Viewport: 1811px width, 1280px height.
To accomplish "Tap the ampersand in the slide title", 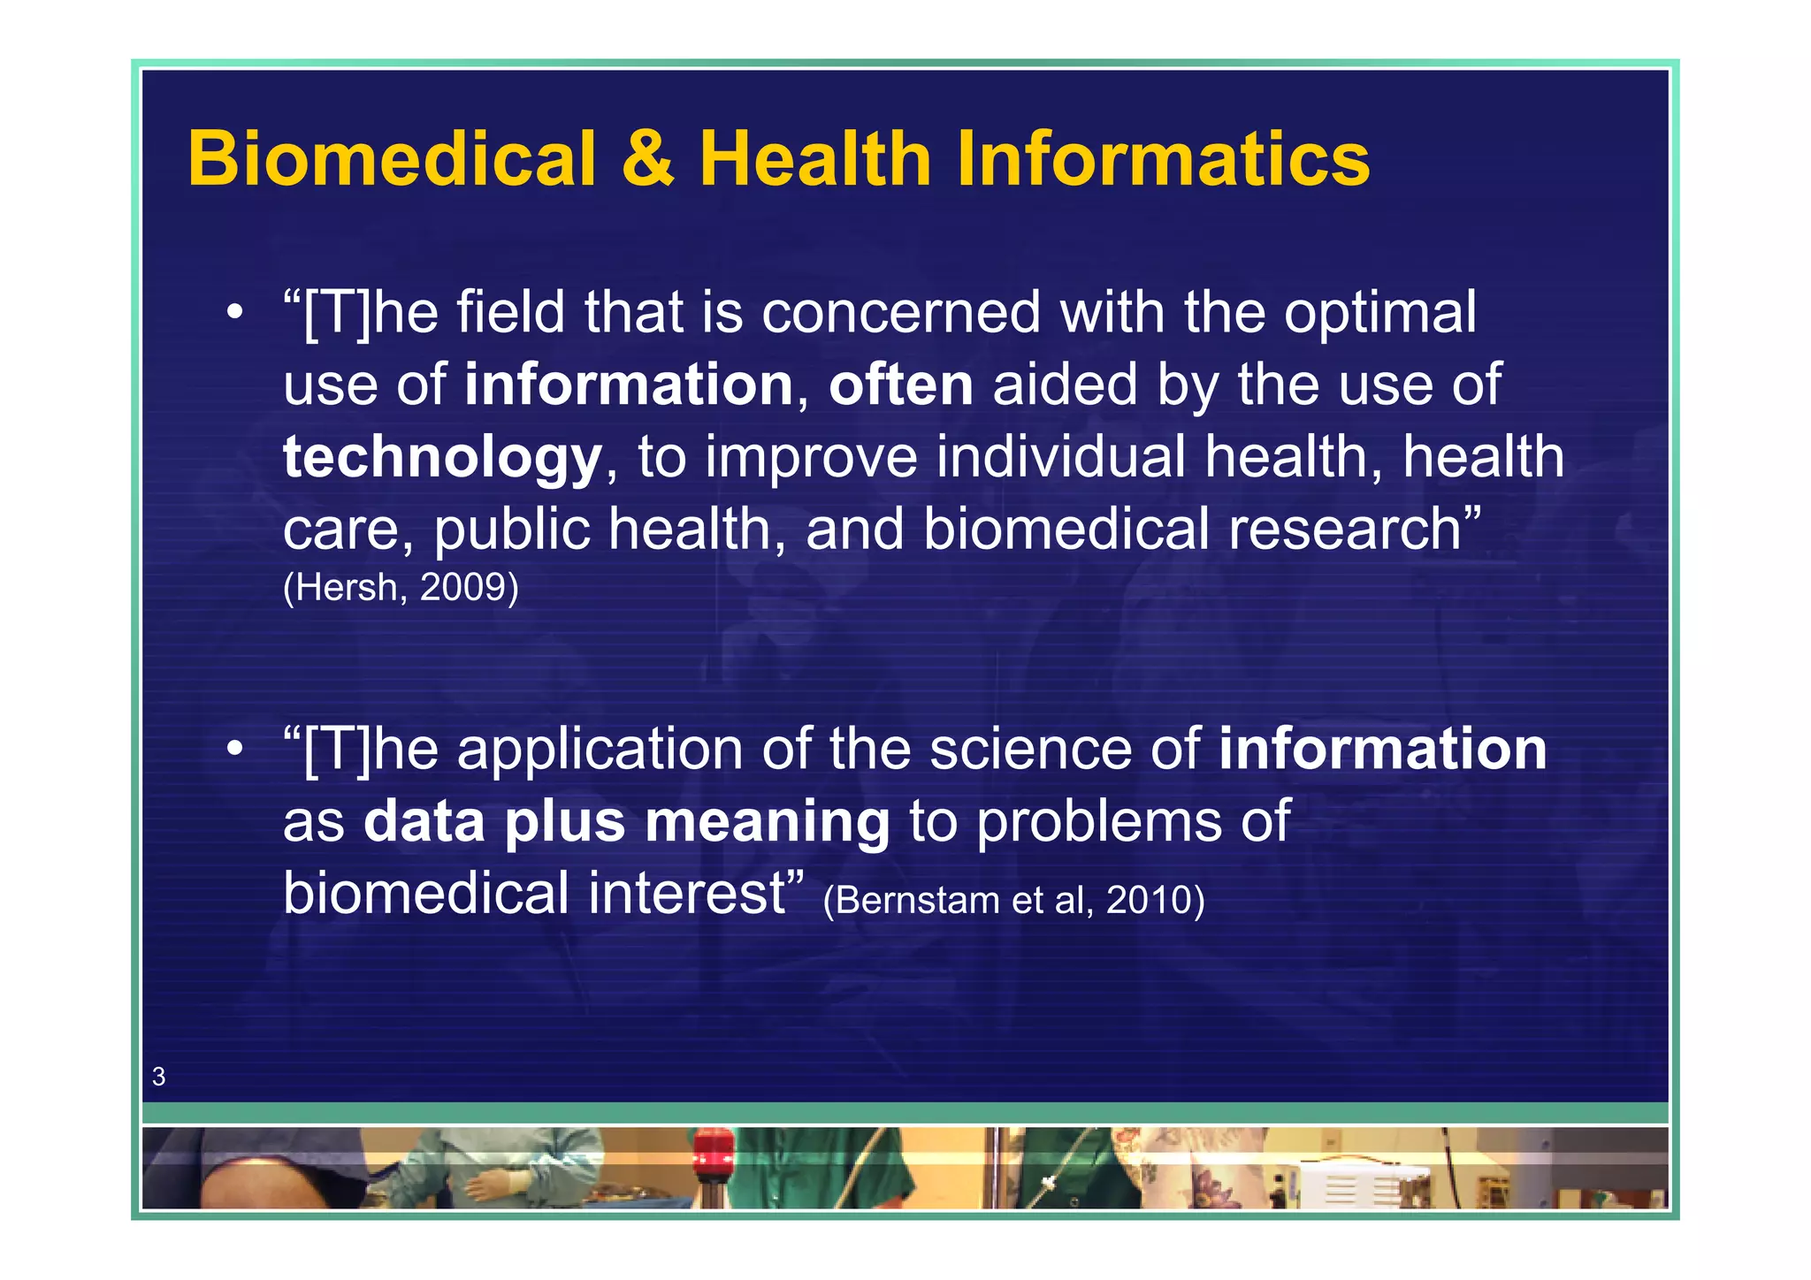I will (x=648, y=159).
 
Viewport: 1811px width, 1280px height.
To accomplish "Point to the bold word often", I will (x=901, y=385).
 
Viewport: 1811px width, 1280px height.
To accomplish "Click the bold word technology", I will (x=442, y=458).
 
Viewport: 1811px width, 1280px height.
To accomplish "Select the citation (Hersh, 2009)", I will (x=401, y=587).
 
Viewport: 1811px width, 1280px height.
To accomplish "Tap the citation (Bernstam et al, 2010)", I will (x=1013, y=900).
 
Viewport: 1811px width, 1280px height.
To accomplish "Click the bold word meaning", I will (x=767, y=821).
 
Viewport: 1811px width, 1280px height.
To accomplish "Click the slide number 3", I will (x=159, y=1077).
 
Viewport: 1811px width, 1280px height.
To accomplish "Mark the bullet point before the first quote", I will (x=234, y=313).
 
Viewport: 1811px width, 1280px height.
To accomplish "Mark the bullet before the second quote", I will (x=234, y=750).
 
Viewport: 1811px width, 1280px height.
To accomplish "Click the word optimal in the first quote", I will (x=1379, y=314).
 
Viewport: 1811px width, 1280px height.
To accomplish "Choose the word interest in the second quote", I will (x=686, y=893).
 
